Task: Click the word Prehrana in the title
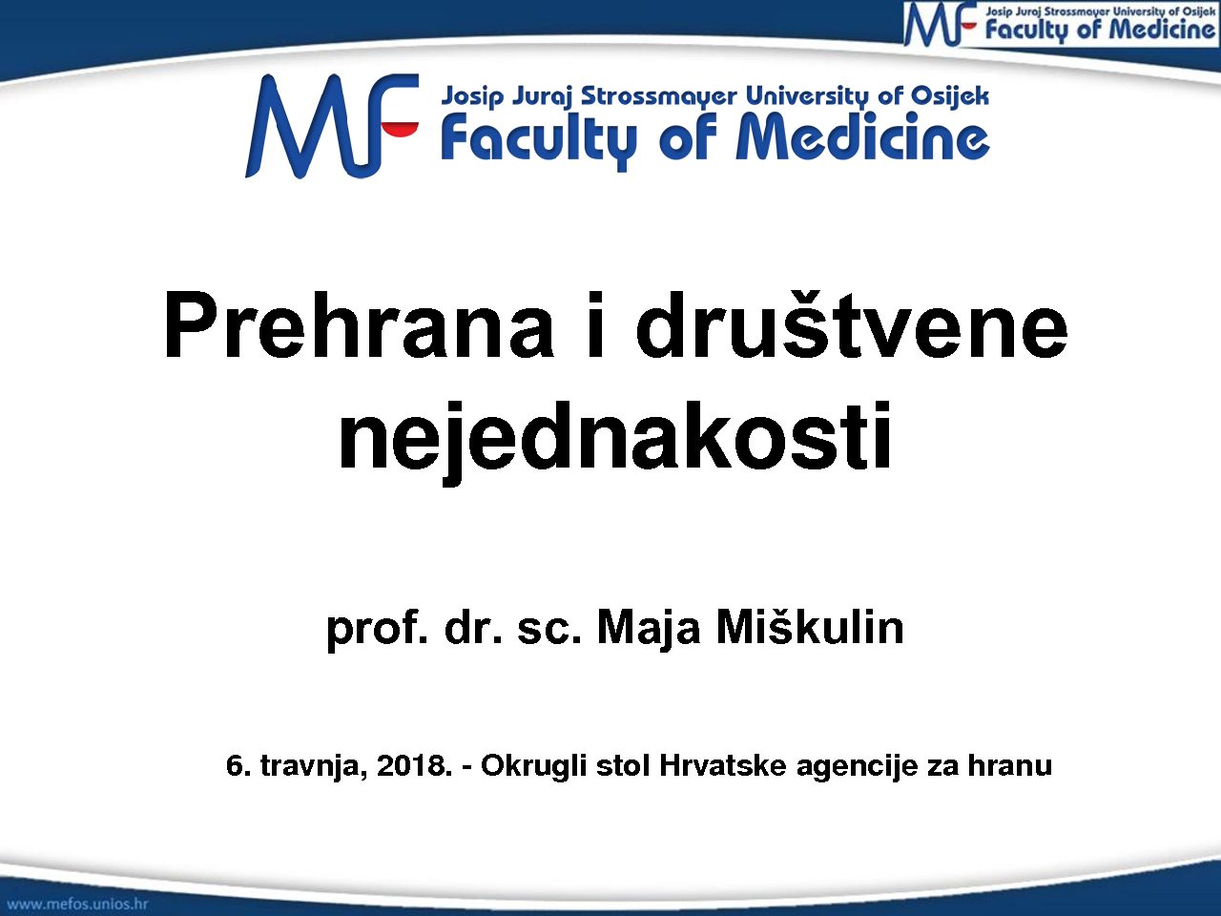point(358,324)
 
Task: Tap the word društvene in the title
point(851,324)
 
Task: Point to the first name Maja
point(648,630)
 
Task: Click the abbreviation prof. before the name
point(377,632)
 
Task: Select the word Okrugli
point(533,766)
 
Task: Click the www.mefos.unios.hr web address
point(78,904)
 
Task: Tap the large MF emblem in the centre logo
point(332,126)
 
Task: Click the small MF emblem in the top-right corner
point(941,25)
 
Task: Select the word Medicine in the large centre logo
point(862,135)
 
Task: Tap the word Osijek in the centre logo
point(949,96)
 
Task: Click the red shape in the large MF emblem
point(401,130)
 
